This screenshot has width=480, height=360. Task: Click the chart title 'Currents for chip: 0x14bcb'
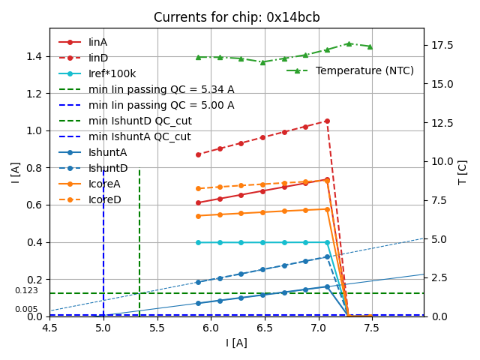pyautogui.click(x=236, y=18)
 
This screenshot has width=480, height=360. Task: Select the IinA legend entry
pyautogui.click(x=97, y=42)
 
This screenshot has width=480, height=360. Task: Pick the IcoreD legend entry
pyautogui.click(x=104, y=199)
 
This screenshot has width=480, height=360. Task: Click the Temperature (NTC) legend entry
pyautogui.click(x=364, y=70)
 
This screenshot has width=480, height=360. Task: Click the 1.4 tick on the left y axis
pyautogui.click(x=34, y=56)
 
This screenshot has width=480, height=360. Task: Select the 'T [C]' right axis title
pyautogui.click(x=462, y=172)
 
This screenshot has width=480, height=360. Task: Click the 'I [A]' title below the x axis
pyautogui.click(x=236, y=343)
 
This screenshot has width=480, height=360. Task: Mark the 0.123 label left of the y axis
pyautogui.click(x=26, y=290)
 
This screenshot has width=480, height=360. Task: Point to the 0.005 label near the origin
pyautogui.click(x=26, y=309)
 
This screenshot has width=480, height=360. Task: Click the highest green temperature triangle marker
pyautogui.click(x=349, y=43)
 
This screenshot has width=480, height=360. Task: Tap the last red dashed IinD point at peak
pyautogui.click(x=327, y=121)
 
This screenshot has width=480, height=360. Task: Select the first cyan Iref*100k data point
pyautogui.click(x=198, y=242)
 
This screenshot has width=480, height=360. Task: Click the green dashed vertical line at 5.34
pyautogui.click(x=139, y=225)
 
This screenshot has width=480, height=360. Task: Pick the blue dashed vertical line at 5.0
pyautogui.click(x=103, y=225)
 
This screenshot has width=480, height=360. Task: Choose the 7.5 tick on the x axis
pyautogui.click(x=370, y=328)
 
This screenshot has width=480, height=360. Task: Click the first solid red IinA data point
pyautogui.click(x=198, y=202)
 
